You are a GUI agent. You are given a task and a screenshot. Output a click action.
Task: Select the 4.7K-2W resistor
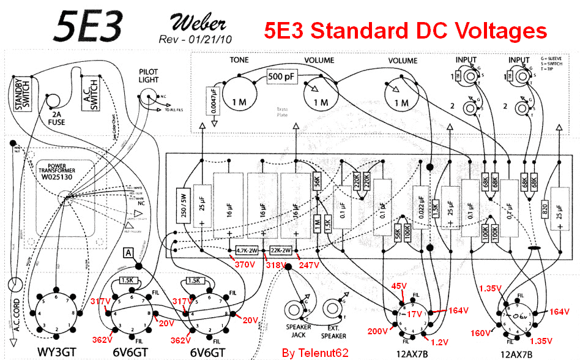click(x=249, y=250)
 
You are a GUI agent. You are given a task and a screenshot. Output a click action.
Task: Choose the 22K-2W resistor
click(x=283, y=250)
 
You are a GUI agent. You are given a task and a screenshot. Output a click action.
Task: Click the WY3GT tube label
click(x=56, y=353)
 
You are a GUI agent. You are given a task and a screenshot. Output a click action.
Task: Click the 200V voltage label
click(x=377, y=331)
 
